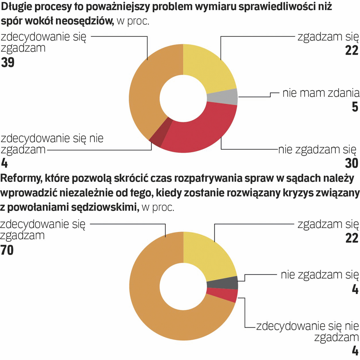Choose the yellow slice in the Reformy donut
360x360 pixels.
[x=208, y=255]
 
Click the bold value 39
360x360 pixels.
[x=8, y=63]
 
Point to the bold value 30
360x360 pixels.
[x=351, y=163]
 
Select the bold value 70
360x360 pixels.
[x=7, y=250]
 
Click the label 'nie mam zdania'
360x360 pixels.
[x=321, y=93]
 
